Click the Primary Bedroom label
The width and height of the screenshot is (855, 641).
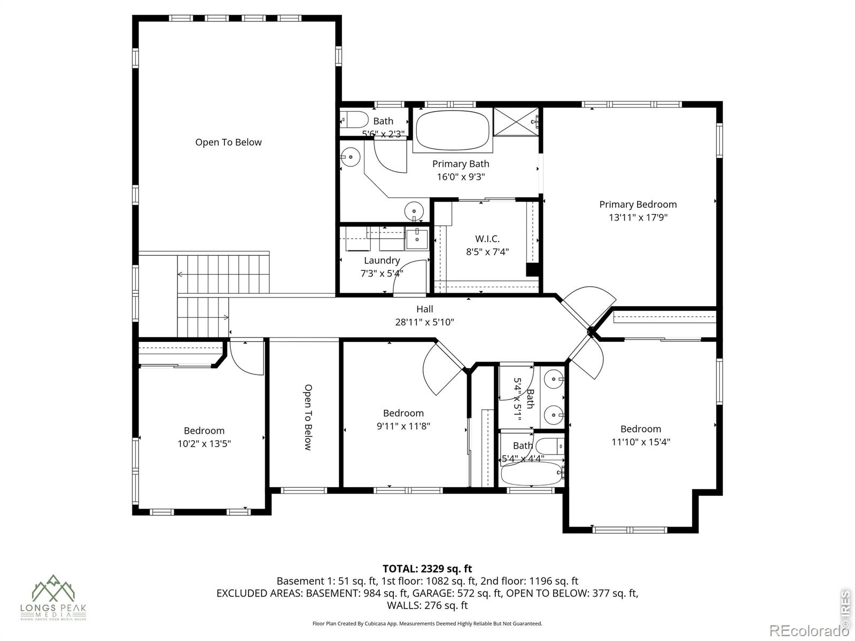click(x=638, y=204)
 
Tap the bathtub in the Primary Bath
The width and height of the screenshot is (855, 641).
click(x=453, y=130)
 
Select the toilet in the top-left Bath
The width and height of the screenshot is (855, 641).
click(x=354, y=120)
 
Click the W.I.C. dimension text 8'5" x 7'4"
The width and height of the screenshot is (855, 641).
click(x=487, y=252)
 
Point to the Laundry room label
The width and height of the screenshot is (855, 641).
click(x=382, y=260)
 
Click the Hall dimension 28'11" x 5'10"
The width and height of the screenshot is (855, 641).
click(x=424, y=322)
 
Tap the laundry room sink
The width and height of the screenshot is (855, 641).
click(x=416, y=239)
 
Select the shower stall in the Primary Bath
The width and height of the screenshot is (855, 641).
click(x=516, y=122)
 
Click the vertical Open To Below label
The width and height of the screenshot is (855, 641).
click(x=308, y=417)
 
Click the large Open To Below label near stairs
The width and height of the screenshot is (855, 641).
click(x=228, y=142)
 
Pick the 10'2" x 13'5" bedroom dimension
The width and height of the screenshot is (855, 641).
click(x=204, y=443)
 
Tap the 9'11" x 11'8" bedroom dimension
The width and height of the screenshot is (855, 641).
click(x=403, y=426)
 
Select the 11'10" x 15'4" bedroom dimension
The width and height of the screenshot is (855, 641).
click(x=641, y=442)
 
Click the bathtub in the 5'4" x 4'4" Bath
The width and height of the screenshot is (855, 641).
click(x=531, y=473)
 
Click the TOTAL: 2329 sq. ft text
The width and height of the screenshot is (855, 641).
click(x=427, y=568)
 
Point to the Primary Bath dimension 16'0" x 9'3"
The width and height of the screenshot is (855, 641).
click(x=461, y=177)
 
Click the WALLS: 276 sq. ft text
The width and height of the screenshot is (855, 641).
click(x=427, y=605)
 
